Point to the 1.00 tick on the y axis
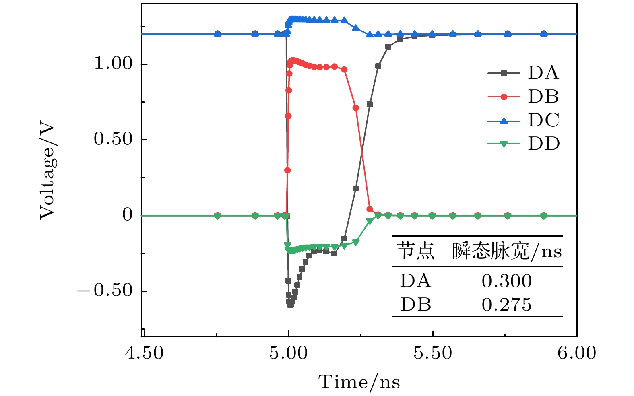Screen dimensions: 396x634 pos(113,64)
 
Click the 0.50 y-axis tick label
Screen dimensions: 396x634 pos(113,139)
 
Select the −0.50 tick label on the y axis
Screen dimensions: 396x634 pos(105,291)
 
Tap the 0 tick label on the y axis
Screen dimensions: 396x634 pos(128,215)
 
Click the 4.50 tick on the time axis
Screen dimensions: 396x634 pos(144,353)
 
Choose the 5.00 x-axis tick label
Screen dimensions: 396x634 pos(288,353)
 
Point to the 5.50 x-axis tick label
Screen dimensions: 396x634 pos(433,353)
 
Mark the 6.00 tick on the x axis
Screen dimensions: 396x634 pos(576,353)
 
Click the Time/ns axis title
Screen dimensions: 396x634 pos(359,382)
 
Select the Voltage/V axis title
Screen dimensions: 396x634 pos(47,171)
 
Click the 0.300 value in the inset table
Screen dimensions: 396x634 pos(507,281)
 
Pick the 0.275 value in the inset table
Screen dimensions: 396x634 pos(507,305)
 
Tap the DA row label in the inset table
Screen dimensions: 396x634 pos(415,281)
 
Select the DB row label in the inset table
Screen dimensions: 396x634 pos(415,305)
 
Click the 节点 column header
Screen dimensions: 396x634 pos(416,251)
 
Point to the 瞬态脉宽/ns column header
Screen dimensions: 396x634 pos(507,252)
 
